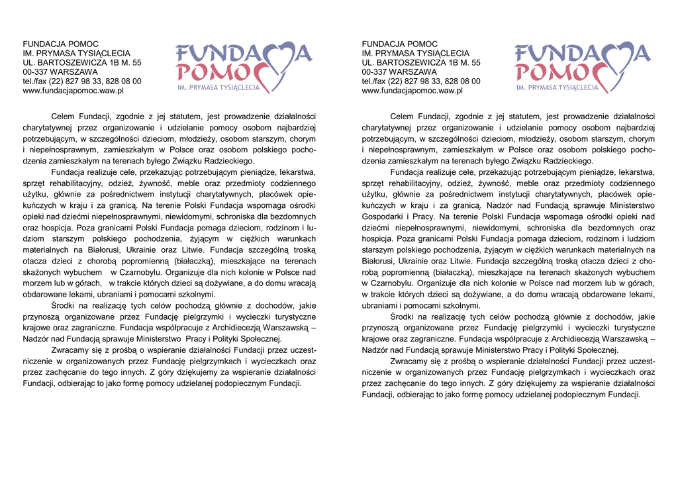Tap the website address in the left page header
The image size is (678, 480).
tap(73, 91)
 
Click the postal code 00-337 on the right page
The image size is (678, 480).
tap(375, 72)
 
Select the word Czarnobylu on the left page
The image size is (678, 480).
tap(149, 272)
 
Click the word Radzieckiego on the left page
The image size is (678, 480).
tap(224, 161)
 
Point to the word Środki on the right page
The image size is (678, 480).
tap(402, 316)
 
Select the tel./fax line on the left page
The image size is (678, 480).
tap(81, 81)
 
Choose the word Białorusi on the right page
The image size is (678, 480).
tap(379, 261)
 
